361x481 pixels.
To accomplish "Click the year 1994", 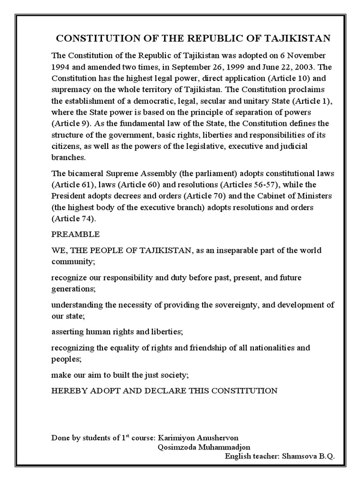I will coord(62,66).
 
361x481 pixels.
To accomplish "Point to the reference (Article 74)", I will coord(73,219).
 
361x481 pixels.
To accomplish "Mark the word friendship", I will coord(218,349).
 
